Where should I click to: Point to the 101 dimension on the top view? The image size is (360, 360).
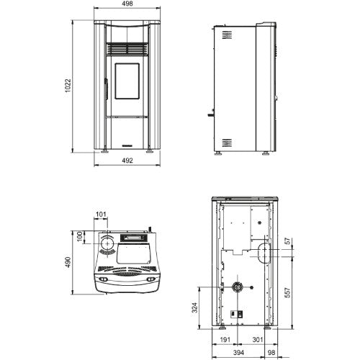coord(101,214)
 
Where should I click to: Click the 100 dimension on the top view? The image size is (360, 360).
coord(80,237)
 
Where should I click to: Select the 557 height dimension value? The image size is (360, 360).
coord(289,293)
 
